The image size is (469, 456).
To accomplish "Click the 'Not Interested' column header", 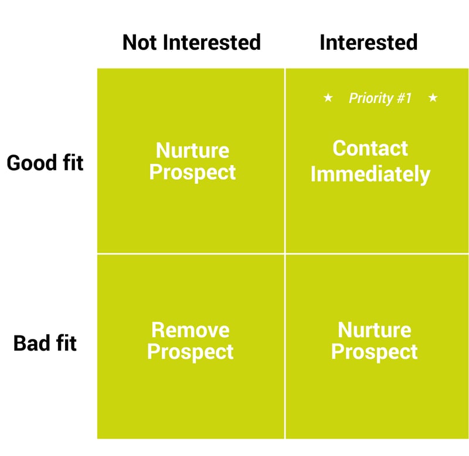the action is coord(192,42).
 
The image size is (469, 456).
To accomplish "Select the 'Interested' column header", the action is coord(369,42).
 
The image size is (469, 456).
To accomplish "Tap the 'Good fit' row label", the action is coord(45,163).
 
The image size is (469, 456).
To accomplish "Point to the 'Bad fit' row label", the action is coord(45,343).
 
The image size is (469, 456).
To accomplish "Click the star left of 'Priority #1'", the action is coord(328,97).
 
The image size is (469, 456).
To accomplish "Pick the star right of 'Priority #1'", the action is coord(433,97).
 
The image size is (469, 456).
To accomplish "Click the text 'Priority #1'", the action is coord(380,98).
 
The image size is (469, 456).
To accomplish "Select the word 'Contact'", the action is coord(370,148).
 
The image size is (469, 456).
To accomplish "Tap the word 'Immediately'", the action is coord(371,174).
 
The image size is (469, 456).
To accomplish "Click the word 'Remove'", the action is coord(190,330).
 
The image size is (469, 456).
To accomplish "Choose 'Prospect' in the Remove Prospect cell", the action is coord(190,352).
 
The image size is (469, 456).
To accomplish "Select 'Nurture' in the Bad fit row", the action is coord(375,330).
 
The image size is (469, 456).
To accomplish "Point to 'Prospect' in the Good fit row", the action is coord(192,172).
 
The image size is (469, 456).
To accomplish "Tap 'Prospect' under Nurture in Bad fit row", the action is coord(374,352).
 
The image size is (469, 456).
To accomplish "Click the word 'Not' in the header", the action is coord(140,42).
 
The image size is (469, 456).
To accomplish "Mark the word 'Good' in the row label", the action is coord(32,163).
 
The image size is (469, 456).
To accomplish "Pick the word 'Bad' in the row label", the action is coord(32,343).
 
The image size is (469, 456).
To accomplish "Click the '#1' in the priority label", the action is coord(404,98).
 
